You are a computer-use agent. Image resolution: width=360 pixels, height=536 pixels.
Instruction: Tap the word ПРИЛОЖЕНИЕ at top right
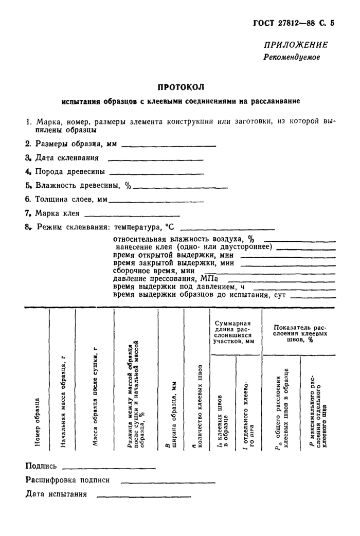pos(295,45)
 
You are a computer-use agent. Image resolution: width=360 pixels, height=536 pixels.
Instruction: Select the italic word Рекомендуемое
pos(292,57)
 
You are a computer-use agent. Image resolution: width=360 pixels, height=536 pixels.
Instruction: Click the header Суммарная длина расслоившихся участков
pos(236,331)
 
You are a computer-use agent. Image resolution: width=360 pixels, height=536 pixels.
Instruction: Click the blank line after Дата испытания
pos(143,496)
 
